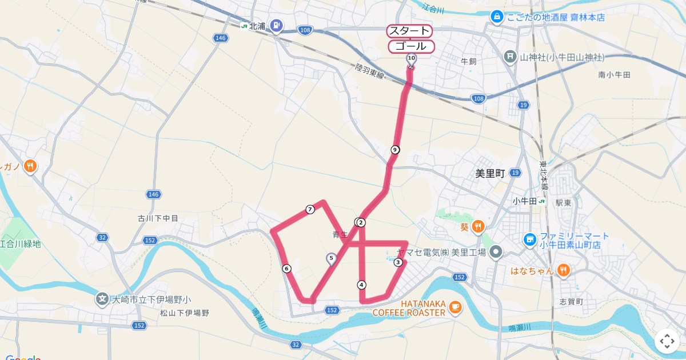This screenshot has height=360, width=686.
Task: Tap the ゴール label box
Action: [x=411, y=46]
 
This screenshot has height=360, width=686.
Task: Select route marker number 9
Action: [x=395, y=150]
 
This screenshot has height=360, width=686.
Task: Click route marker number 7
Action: [x=310, y=209]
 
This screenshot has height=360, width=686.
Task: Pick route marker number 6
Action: [x=286, y=269]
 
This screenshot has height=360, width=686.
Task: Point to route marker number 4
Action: [x=361, y=285]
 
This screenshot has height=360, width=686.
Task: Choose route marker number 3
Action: [x=398, y=262]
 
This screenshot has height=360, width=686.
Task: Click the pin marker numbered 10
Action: [x=411, y=58]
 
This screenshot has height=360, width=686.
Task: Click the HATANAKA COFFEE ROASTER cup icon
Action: [x=455, y=307]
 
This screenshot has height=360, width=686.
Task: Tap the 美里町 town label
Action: [x=490, y=173]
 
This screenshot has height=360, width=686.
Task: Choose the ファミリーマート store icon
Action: [x=530, y=238]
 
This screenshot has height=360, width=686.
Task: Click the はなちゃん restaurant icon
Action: [x=564, y=270]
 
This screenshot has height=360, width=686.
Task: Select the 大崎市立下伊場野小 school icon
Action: [x=102, y=298]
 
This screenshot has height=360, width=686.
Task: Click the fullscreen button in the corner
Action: [x=667, y=341]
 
